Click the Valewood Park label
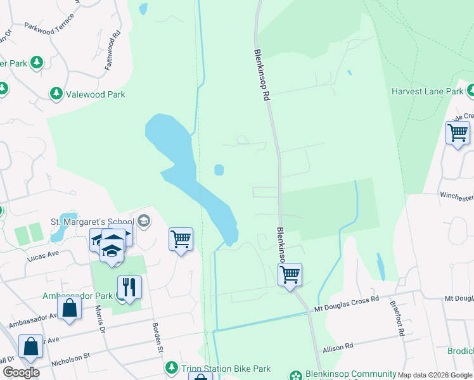point(97,94)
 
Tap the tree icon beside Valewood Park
point(56,94)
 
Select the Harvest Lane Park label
point(428,91)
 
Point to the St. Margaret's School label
point(92,221)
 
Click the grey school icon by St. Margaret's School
point(144,221)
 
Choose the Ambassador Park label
point(77,296)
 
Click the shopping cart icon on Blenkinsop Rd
point(290,275)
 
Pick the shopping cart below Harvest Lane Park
point(457,134)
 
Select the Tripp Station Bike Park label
point(226,369)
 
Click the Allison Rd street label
point(338,347)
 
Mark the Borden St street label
point(158,338)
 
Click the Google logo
point(21,372)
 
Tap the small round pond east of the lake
point(219,170)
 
